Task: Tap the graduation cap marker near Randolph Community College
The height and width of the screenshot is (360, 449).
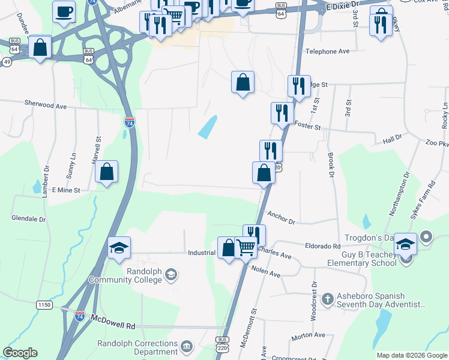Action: pos(119,247)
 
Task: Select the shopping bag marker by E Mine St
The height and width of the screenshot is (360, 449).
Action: pos(106,172)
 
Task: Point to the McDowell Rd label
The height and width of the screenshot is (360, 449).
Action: pos(113,325)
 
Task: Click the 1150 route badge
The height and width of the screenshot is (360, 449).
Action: pos(44,305)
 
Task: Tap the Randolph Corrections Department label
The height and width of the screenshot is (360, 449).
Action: pos(138,347)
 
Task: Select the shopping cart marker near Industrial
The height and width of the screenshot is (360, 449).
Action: pos(246,247)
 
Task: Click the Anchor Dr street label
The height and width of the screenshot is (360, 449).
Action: pos(282,218)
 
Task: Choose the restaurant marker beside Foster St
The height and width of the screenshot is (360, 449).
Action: pos(282,112)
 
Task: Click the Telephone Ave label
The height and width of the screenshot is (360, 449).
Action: pos(327,52)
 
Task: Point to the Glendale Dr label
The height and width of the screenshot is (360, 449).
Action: pos(29,219)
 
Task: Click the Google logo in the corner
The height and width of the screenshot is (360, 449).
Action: pos(20,353)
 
